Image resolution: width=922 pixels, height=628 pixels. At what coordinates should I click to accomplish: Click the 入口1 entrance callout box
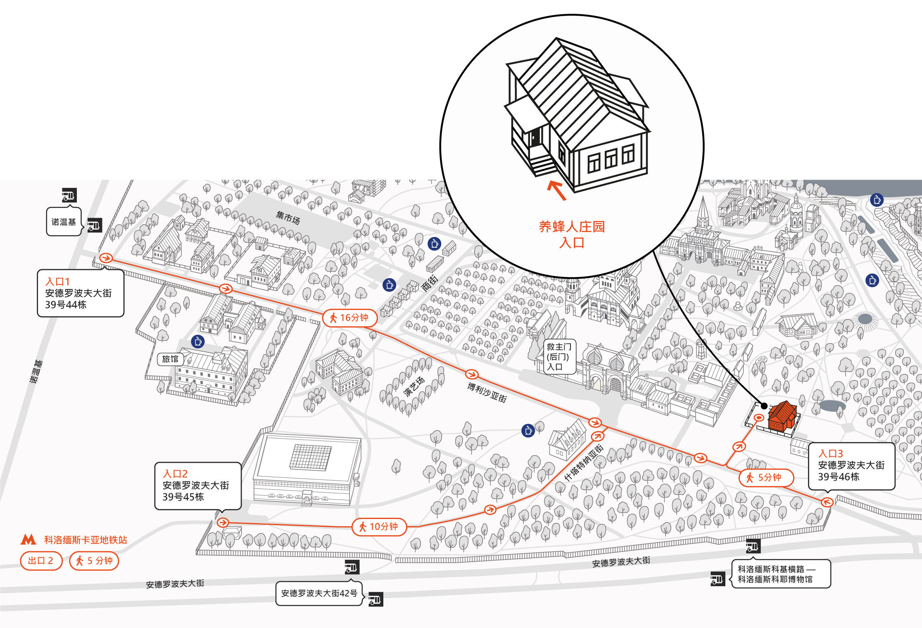[x=81, y=293]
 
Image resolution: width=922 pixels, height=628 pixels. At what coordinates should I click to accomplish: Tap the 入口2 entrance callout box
[x=198, y=486]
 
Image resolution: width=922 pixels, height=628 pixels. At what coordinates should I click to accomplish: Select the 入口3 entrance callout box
[x=851, y=466]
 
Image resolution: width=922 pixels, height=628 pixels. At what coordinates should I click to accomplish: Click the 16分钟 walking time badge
[x=349, y=318]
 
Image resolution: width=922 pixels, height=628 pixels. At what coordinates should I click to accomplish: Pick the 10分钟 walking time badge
[x=379, y=527]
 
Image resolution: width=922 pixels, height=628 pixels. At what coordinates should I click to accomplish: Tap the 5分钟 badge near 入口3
[x=766, y=478]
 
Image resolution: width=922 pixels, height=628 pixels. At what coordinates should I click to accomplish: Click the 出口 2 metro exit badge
[x=41, y=561]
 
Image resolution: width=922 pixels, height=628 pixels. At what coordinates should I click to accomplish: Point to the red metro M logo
[x=29, y=539]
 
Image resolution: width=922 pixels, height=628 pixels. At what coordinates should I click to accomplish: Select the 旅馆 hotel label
[x=170, y=359]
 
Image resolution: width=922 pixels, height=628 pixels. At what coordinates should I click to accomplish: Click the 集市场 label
[x=288, y=218]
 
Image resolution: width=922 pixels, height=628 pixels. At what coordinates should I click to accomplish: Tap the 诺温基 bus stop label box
[x=64, y=222]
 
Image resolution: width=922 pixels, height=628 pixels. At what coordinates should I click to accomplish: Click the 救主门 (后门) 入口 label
[x=559, y=357]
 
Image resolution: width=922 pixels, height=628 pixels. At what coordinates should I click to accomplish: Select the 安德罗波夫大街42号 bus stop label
[x=319, y=593]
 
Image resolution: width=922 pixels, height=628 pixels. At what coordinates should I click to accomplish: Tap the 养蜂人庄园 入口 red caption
[x=572, y=234]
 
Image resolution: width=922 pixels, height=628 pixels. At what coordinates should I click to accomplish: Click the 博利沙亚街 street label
[x=487, y=392]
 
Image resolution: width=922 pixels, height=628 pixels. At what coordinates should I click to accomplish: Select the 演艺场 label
[x=414, y=386]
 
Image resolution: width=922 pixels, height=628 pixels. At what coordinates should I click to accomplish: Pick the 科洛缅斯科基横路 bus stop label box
[x=781, y=574]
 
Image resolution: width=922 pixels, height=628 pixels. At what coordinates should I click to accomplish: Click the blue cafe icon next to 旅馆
[x=198, y=342]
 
